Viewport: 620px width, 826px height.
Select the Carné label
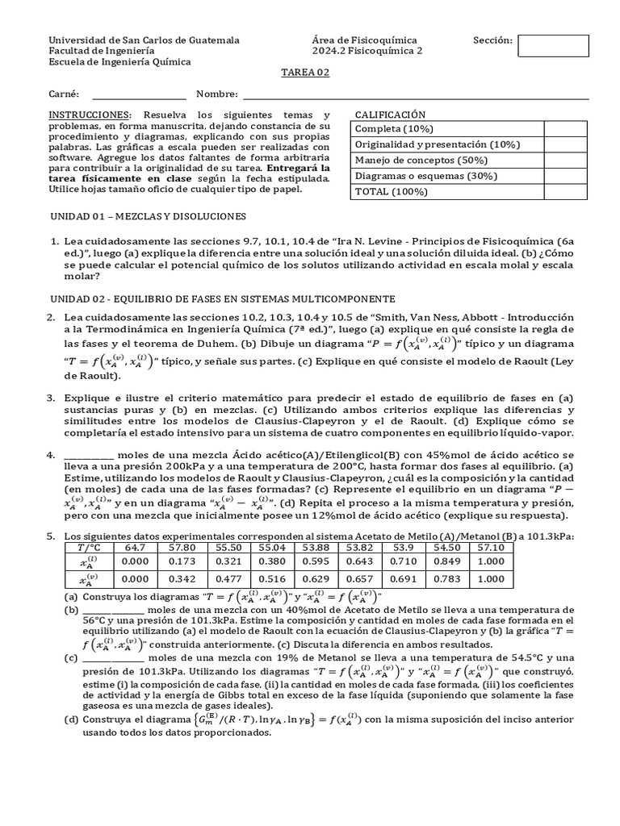click(x=64, y=95)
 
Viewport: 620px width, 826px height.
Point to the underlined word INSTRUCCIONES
click(x=88, y=115)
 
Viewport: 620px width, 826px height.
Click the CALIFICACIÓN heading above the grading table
click(x=390, y=115)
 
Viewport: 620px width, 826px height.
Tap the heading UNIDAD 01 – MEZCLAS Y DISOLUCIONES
click(x=148, y=217)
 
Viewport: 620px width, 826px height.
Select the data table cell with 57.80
click(x=184, y=548)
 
